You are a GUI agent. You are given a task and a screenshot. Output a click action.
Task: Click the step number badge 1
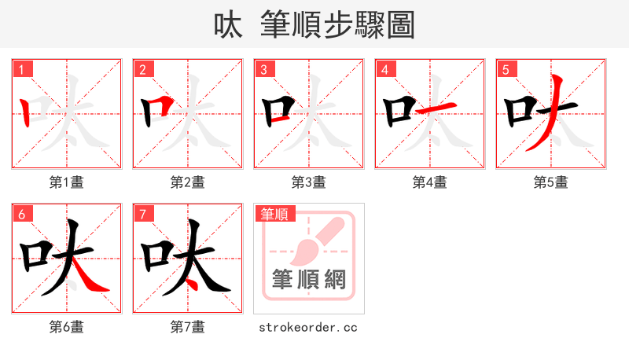click(x=21, y=69)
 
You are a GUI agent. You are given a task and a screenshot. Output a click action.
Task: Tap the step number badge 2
click(x=142, y=69)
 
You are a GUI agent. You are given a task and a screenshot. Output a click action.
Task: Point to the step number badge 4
click(x=384, y=69)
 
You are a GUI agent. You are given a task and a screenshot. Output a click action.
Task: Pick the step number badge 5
click(x=506, y=69)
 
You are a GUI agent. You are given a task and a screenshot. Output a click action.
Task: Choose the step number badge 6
click(x=21, y=213)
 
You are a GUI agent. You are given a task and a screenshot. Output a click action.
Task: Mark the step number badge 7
click(x=142, y=213)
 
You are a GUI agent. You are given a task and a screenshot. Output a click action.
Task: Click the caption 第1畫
click(x=67, y=182)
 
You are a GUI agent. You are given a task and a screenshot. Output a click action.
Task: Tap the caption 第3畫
click(x=309, y=182)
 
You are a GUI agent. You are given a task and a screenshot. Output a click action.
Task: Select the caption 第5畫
click(x=551, y=182)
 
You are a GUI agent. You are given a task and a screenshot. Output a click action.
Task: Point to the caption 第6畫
click(x=67, y=326)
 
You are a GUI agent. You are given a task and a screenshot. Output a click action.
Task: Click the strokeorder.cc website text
click(x=308, y=326)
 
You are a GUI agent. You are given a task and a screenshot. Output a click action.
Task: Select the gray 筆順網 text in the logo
click(x=309, y=279)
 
